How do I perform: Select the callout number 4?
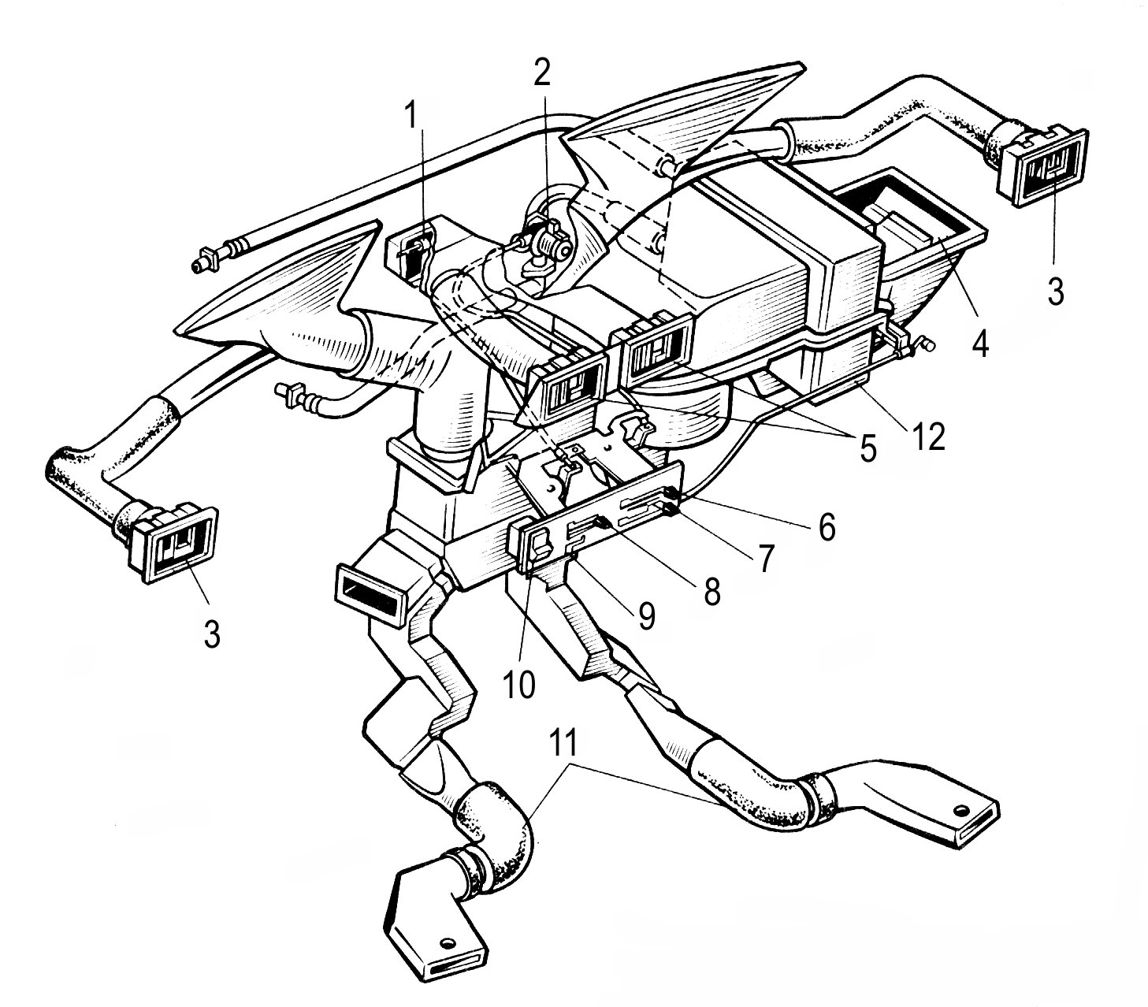click(x=979, y=341)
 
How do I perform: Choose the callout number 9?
click(x=647, y=615)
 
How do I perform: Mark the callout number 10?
click(x=518, y=684)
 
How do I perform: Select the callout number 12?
click(x=927, y=437)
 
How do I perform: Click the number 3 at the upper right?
click(x=1055, y=291)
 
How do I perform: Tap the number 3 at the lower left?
click(x=211, y=634)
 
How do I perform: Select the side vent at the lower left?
click(x=173, y=543)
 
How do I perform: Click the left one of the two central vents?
click(x=567, y=386)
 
